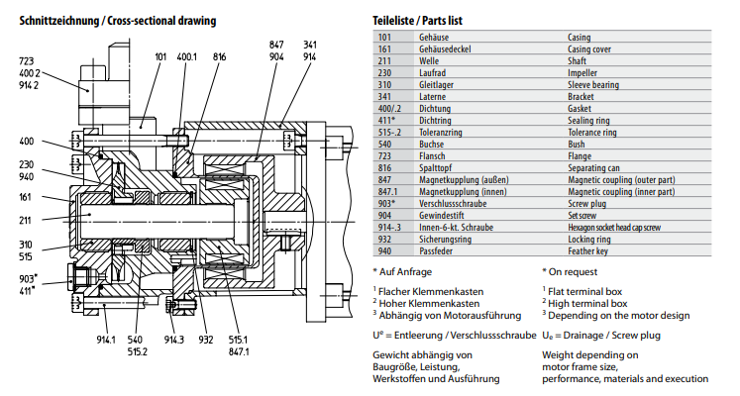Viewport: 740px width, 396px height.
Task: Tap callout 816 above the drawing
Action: [219, 57]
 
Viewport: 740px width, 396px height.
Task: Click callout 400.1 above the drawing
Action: [187, 57]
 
